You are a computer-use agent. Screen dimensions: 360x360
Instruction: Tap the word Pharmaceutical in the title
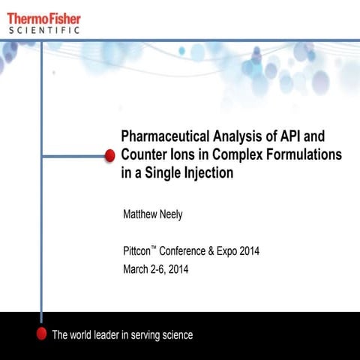point(161,136)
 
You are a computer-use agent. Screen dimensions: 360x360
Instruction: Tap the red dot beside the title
point(109,154)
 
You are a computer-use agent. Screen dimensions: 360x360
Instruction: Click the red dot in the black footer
point(42,334)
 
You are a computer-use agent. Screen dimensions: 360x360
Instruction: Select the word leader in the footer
point(106,334)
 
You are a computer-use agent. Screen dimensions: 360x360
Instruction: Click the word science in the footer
point(177,334)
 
